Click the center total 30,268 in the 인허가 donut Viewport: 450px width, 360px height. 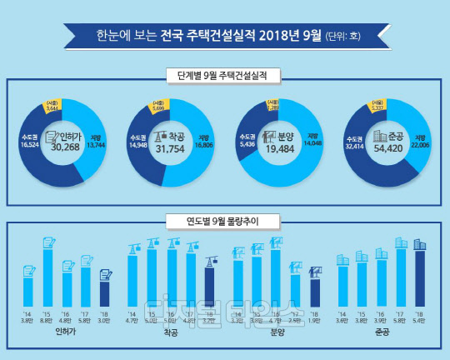[67, 144]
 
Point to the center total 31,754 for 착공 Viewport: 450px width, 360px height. [171, 144]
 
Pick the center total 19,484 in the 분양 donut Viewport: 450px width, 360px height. [278, 144]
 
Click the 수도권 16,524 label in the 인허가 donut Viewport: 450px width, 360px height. [29, 139]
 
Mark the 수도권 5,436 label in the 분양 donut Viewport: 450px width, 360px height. [247, 139]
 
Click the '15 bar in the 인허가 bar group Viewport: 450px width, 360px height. [47, 277]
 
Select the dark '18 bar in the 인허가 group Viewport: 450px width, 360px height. [105, 293]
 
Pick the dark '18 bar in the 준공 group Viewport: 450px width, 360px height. [420, 278]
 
